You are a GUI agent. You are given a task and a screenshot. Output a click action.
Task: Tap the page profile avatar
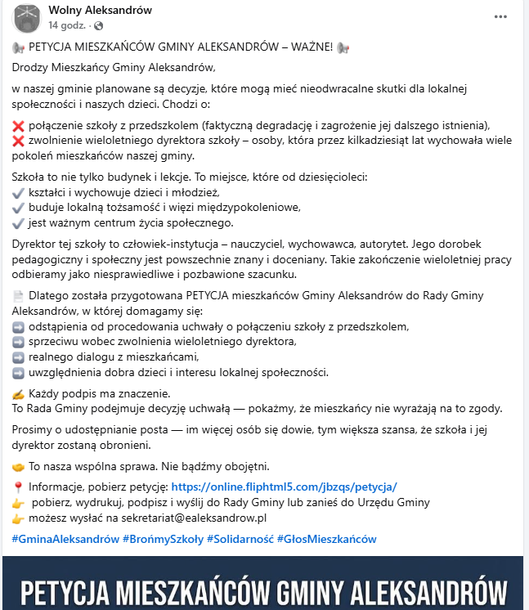[27, 18]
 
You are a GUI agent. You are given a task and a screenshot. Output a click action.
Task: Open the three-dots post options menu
[500, 16]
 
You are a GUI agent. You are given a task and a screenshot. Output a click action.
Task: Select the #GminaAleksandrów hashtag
[65, 539]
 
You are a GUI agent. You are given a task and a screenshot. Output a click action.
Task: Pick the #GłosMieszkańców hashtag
[326, 539]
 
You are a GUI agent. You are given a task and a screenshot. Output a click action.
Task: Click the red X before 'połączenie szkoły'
[19, 126]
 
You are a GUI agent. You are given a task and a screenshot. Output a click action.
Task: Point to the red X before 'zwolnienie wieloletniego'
[19, 141]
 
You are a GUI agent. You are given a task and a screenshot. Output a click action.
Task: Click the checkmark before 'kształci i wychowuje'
[19, 192]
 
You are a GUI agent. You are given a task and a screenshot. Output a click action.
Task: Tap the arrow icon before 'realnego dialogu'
[19, 357]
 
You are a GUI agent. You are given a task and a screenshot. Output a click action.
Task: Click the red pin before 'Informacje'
[19, 487]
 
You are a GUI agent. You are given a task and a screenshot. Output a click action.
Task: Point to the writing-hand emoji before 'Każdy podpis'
[19, 394]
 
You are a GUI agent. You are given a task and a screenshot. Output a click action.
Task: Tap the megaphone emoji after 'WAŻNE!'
[343, 47]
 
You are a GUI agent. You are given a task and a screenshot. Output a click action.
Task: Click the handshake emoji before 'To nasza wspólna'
[19, 467]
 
